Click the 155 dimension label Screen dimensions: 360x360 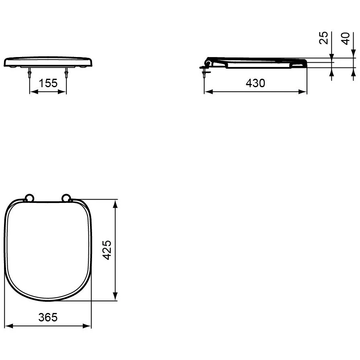coord(48,83)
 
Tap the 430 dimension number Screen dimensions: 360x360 coord(255,83)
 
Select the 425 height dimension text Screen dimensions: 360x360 coord(107,250)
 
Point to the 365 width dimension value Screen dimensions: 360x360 coord(48,317)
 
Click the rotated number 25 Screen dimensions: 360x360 coord(323,38)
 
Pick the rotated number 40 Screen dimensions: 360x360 coord(345,39)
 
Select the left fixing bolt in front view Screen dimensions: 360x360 coord(30,73)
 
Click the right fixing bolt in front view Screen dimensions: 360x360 coord(66,73)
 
